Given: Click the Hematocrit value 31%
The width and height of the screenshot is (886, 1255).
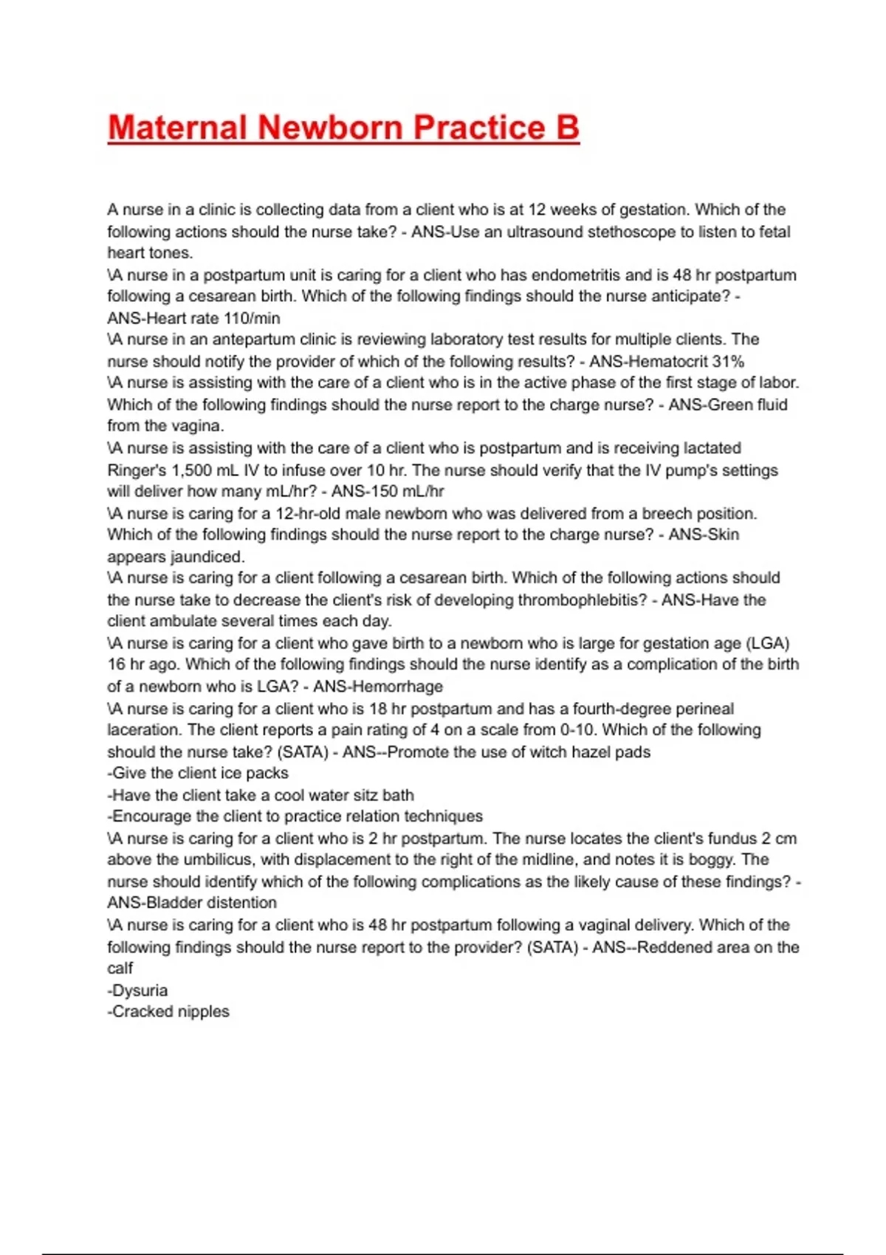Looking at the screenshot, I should coord(728,362).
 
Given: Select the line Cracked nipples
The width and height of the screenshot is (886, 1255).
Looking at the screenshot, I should coord(170,1011).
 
